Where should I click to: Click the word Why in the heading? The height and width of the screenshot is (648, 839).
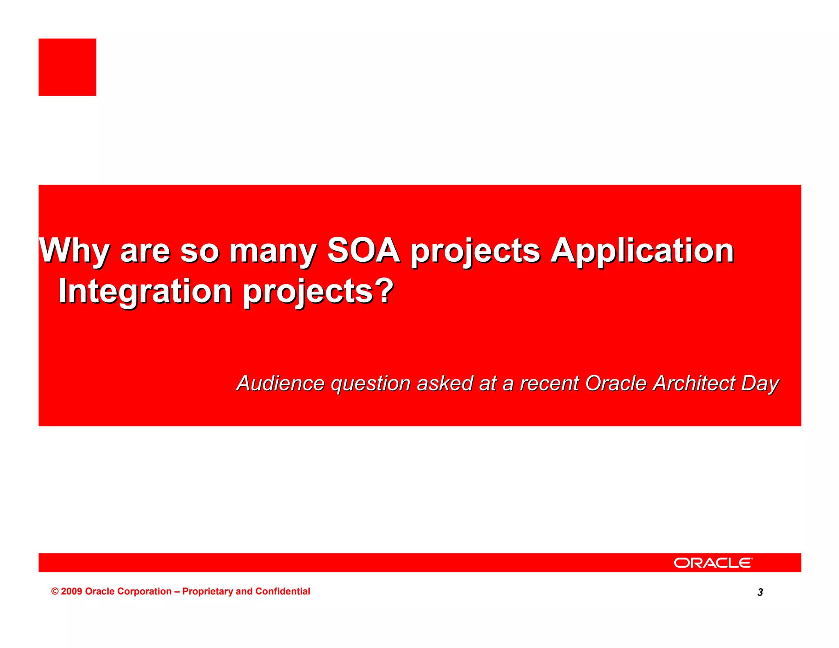pyautogui.click(x=74, y=251)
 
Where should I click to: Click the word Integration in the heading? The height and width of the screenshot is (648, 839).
pyautogui.click(x=145, y=291)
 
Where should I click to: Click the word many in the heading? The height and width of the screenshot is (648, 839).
pyautogui.click(x=272, y=251)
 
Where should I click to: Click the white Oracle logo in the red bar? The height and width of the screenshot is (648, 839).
pyautogui.click(x=713, y=563)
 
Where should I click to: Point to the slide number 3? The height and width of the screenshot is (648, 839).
pyautogui.click(x=760, y=592)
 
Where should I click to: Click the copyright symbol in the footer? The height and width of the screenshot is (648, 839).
pyautogui.click(x=55, y=591)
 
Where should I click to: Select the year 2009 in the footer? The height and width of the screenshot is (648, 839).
pyautogui.click(x=72, y=591)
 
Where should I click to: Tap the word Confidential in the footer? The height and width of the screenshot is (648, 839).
pyautogui.click(x=283, y=591)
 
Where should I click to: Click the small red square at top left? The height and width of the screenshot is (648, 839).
pyautogui.click(x=67, y=67)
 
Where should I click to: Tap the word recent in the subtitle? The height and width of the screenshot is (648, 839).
pyautogui.click(x=550, y=383)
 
